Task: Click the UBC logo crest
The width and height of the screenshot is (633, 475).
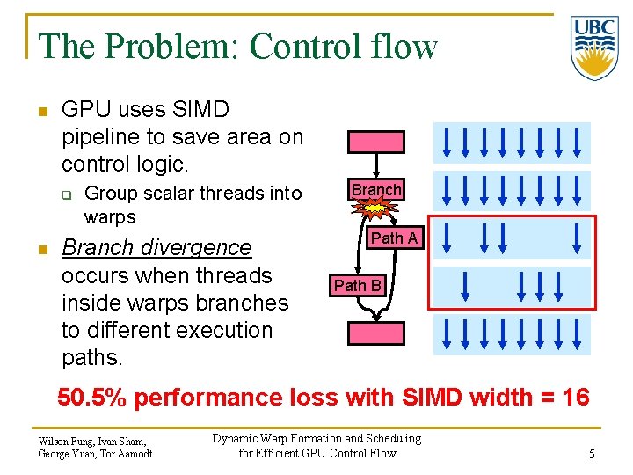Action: point(593,47)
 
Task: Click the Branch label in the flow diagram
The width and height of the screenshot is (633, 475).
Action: point(376,190)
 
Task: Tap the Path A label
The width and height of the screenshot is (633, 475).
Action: point(395,238)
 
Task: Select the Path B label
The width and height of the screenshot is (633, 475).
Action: point(358,285)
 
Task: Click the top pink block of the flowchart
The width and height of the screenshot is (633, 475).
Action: point(376,142)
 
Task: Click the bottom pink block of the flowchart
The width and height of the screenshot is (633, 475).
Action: point(376,333)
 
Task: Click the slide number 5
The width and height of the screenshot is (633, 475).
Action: point(593,454)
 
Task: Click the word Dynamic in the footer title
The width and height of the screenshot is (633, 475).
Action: point(240,438)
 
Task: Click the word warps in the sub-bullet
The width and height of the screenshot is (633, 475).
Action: point(110,216)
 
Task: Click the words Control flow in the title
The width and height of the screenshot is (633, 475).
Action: point(343,46)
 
